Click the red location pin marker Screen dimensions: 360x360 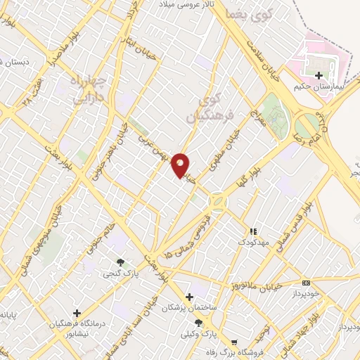click(x=180, y=165)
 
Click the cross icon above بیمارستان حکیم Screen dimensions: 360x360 click(x=319, y=75)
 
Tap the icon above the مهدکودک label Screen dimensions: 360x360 click(x=252, y=231)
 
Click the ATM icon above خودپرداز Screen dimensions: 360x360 click(x=306, y=283)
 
